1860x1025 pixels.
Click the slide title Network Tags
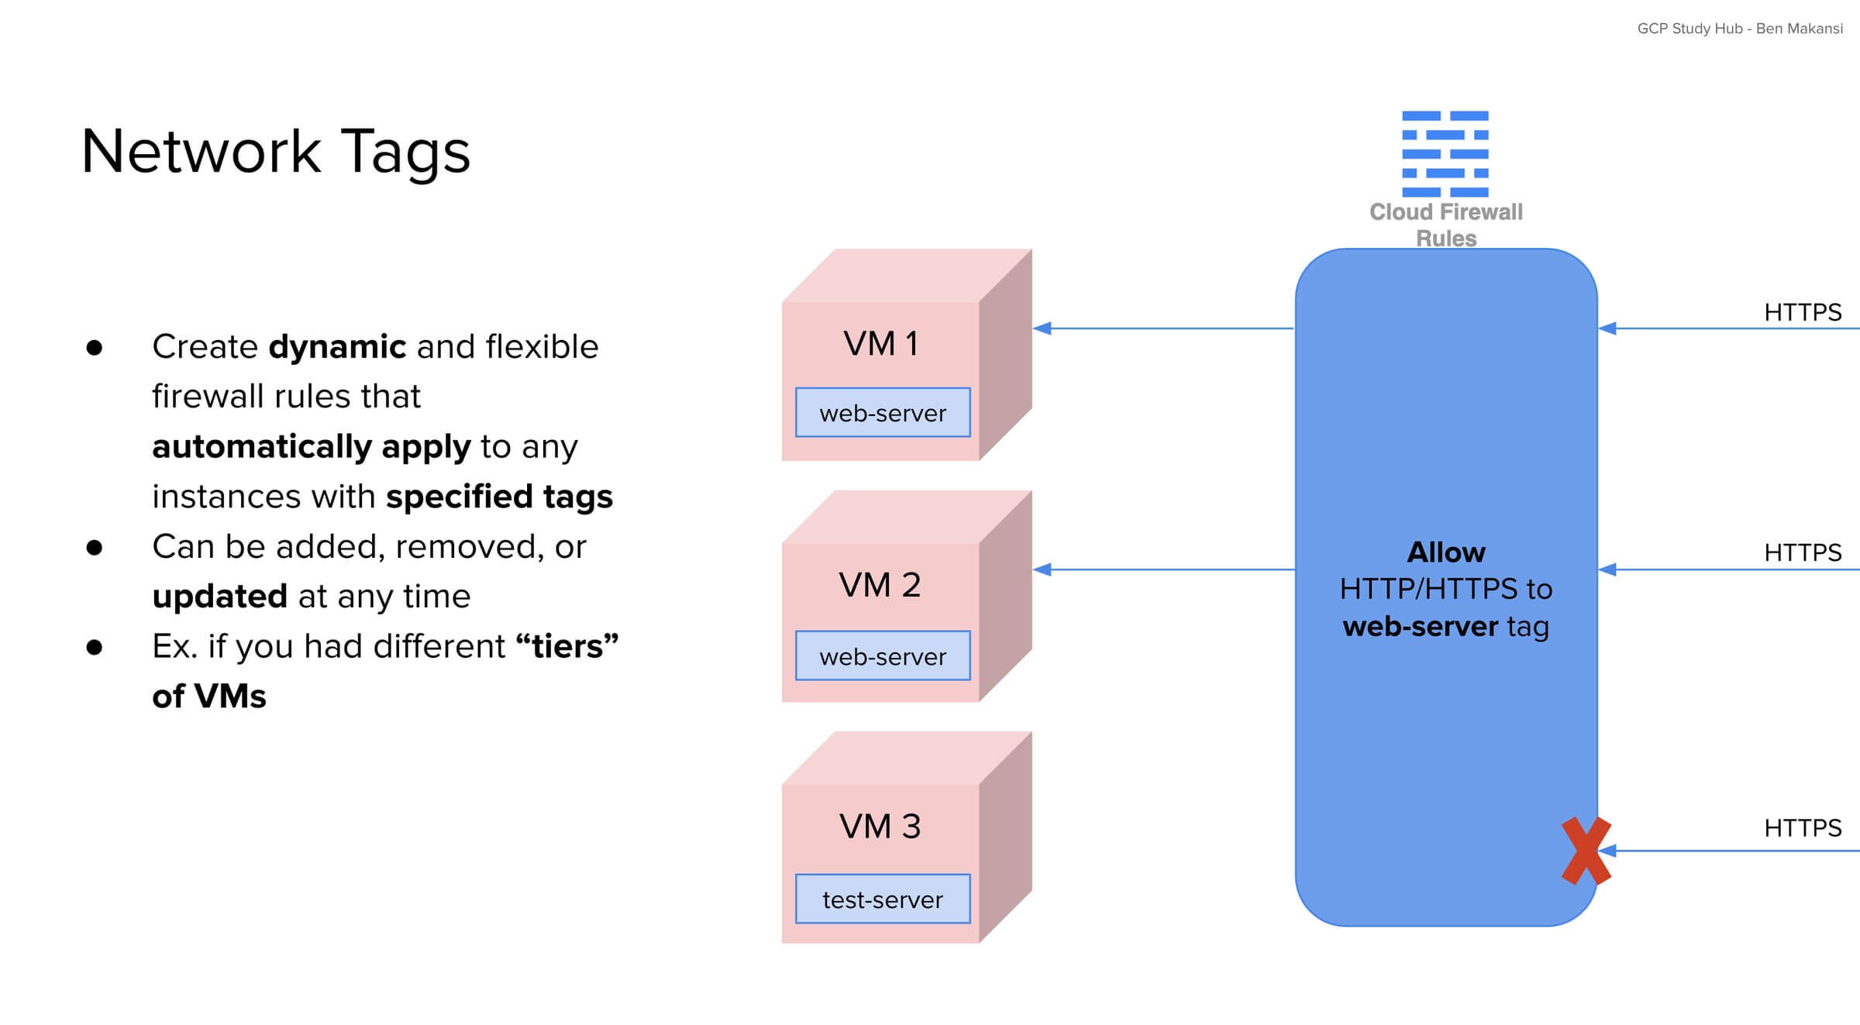click(x=275, y=151)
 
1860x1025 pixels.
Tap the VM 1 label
click(x=880, y=343)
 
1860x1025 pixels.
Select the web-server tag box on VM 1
click(x=883, y=413)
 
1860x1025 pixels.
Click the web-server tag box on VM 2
click(x=883, y=656)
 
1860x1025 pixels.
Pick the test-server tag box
click(x=883, y=899)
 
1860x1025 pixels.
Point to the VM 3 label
click(x=880, y=826)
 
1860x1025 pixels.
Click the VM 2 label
click(x=880, y=585)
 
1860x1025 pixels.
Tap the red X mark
click(x=1586, y=851)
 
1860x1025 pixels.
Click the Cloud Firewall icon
click(x=1445, y=153)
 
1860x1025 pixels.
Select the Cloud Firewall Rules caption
click(x=1445, y=225)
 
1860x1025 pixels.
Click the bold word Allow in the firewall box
click(x=1445, y=552)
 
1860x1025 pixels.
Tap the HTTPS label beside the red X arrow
click(x=1802, y=827)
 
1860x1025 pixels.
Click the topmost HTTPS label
click(x=1802, y=312)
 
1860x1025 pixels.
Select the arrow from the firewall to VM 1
click(x=1162, y=328)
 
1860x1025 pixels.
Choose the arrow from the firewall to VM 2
click(x=1162, y=569)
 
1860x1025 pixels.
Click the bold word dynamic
click(x=337, y=346)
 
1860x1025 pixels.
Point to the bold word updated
click(x=219, y=597)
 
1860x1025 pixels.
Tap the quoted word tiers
click(x=567, y=646)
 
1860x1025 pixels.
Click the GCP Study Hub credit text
click(x=1739, y=29)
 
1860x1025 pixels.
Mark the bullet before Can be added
click(x=95, y=548)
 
